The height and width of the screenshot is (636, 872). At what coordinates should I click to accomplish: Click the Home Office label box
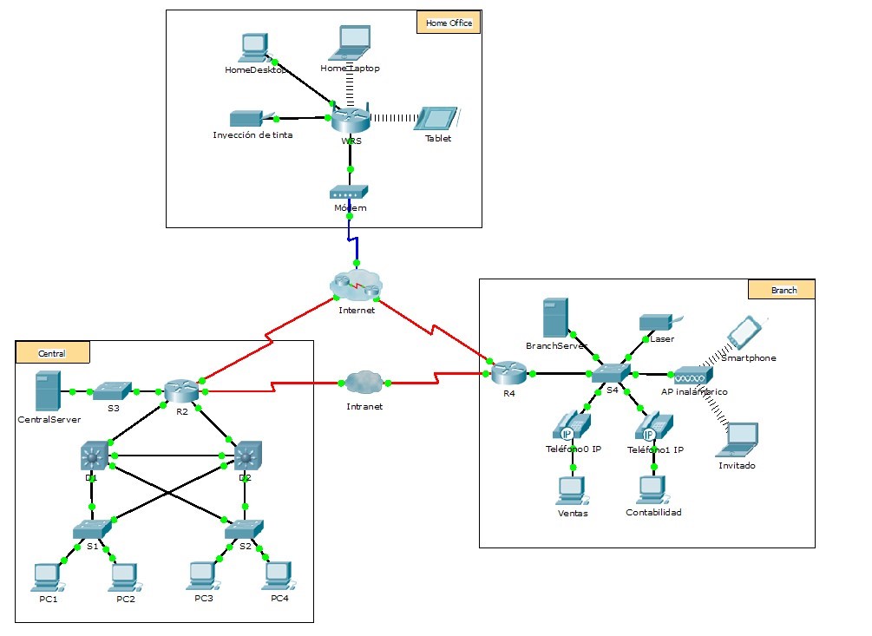click(449, 23)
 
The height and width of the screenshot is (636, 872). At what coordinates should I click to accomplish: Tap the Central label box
click(52, 353)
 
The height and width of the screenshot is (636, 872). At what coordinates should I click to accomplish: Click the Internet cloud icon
click(356, 285)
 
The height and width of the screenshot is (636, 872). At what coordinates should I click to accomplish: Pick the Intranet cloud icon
click(364, 383)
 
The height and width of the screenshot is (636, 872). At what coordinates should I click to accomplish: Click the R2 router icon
click(182, 391)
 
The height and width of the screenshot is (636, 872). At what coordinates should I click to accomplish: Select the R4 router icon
click(508, 373)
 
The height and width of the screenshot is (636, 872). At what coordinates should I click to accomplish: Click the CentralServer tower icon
click(48, 391)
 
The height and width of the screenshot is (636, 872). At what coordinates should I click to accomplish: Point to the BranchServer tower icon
click(554, 318)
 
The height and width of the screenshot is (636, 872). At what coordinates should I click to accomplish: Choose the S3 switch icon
click(112, 390)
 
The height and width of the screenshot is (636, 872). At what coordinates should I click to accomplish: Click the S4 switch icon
click(612, 373)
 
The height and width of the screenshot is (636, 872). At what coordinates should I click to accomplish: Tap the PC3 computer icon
click(202, 574)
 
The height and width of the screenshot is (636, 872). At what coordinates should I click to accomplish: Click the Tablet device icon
click(437, 119)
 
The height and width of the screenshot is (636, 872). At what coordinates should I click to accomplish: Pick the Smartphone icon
click(744, 332)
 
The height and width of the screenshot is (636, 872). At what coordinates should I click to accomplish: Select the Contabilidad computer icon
click(652, 490)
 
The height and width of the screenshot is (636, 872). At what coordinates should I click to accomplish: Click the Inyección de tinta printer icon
click(247, 118)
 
